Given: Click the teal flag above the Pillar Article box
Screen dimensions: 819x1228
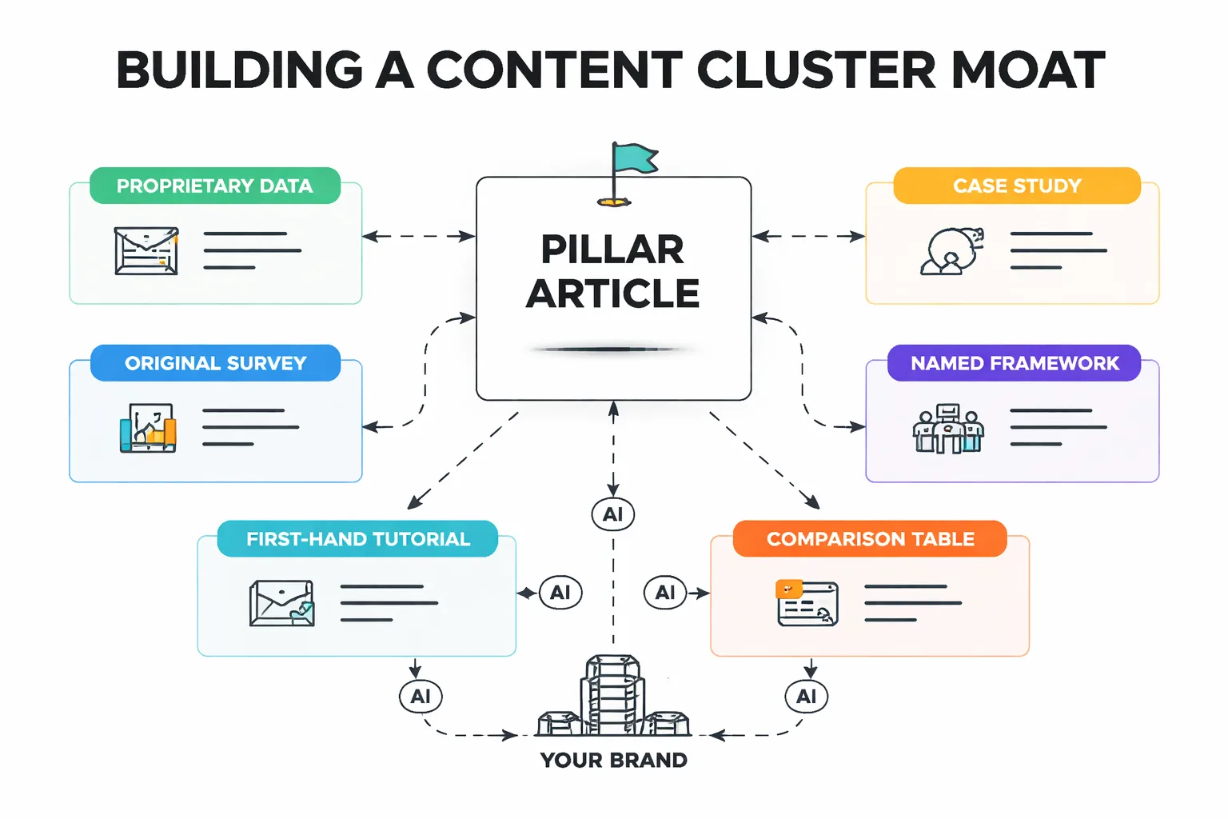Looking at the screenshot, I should coord(633,158).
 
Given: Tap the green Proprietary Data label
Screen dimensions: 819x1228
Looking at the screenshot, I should coord(214,186).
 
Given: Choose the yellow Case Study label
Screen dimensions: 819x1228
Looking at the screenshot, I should coord(1016,186).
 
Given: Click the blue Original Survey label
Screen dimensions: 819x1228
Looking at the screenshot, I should coord(215,363).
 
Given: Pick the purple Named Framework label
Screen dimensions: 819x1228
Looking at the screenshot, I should coord(1014,363).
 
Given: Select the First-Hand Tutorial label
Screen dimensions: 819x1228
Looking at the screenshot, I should coord(357,539).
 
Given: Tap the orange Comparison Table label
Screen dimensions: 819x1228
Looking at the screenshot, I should coord(870,539).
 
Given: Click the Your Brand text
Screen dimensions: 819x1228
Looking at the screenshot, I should coord(613,760).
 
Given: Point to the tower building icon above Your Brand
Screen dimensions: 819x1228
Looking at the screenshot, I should coord(613,696).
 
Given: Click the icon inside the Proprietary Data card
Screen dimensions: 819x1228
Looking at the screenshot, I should coord(146,251).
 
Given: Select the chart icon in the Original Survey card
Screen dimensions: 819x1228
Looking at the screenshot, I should coord(148,428).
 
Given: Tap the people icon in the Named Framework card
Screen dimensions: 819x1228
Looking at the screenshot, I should coord(948,429).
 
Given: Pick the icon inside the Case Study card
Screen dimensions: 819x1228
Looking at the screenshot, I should coord(951,251).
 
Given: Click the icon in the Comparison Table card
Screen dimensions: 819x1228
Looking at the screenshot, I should coord(807,603).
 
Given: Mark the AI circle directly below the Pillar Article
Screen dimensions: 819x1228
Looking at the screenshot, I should coord(613,514).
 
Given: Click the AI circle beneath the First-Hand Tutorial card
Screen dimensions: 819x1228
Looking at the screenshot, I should coord(421,697).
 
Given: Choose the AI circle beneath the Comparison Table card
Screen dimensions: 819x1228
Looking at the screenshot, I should coord(807,697).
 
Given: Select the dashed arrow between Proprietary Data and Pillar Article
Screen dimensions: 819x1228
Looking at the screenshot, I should coord(419,236).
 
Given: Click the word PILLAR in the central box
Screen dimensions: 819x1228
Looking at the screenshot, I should coord(612,250).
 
